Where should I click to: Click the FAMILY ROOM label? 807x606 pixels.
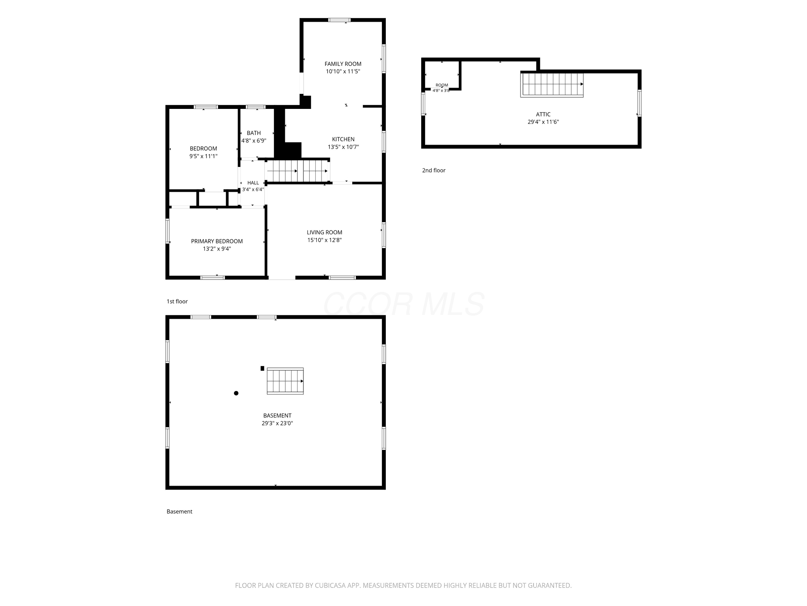click(x=343, y=64)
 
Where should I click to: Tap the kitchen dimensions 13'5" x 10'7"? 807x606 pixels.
click(x=343, y=147)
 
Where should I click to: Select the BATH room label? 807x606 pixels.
click(x=254, y=133)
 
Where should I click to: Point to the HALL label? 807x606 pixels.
click(x=253, y=183)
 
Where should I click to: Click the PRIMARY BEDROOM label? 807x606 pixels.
click(x=217, y=241)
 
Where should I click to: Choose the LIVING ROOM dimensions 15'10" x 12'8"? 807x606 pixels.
click(x=324, y=240)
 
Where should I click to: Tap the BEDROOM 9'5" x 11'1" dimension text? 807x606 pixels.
click(x=203, y=156)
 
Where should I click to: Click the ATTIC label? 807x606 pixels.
click(x=543, y=114)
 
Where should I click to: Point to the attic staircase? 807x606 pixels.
click(x=552, y=84)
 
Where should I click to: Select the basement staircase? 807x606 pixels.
click(x=285, y=381)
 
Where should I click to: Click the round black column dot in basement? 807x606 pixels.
click(x=236, y=393)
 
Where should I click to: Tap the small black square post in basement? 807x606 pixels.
click(x=262, y=368)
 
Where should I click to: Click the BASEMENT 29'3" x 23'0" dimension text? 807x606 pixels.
click(x=277, y=423)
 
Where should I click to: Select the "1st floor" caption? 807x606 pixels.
click(x=177, y=301)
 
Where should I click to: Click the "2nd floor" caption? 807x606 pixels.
click(x=433, y=170)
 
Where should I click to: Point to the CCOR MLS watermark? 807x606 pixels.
click(x=404, y=304)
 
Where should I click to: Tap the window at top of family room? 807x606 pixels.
click(x=339, y=20)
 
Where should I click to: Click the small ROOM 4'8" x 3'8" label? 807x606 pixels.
click(x=441, y=88)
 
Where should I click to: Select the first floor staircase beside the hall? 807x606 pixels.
click(x=298, y=171)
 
